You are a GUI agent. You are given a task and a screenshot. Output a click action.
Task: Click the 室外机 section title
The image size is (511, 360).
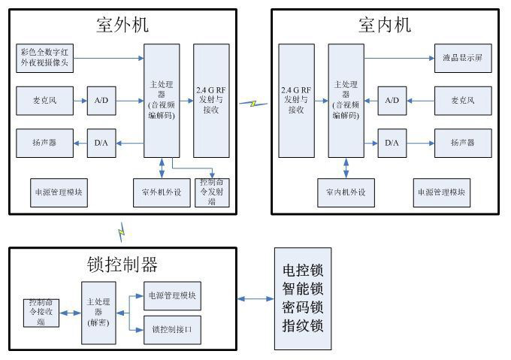pyautogui.click(x=122, y=25)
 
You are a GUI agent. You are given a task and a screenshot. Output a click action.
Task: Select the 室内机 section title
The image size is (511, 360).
pyautogui.click(x=385, y=25)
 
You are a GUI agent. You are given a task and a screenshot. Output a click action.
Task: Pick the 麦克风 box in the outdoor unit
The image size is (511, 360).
pyautogui.click(x=46, y=99)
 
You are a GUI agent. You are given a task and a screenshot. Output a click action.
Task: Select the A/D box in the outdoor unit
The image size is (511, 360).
pyautogui.click(x=101, y=99)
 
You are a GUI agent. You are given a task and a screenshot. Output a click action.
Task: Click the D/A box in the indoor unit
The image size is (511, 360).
pyautogui.click(x=392, y=141)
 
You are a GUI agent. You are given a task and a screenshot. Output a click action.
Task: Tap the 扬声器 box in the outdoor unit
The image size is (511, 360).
pyautogui.click(x=46, y=141)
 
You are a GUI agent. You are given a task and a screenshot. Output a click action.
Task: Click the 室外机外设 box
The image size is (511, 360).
pyautogui.click(x=161, y=192)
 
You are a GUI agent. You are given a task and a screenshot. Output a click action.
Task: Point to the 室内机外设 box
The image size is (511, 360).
pyautogui.click(x=346, y=192)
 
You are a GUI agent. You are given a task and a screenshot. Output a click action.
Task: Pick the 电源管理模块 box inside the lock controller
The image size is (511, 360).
pyautogui.click(x=173, y=295)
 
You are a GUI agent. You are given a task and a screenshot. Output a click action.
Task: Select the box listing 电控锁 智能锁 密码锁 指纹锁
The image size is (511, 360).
pyautogui.click(x=302, y=298)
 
